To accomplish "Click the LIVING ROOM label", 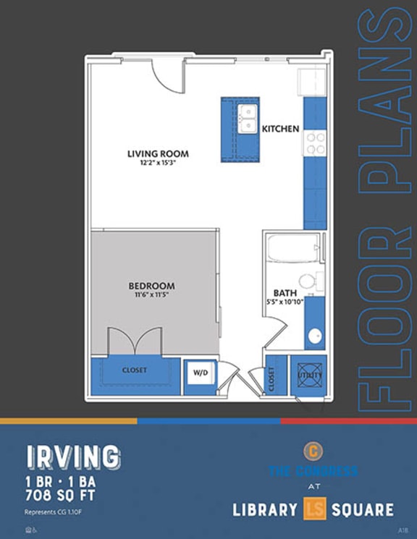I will click(158, 153).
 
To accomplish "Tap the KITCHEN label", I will click(280, 129).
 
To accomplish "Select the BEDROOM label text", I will click(151, 286).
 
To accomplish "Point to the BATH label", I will click(274, 293).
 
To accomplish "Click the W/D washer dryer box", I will click(199, 373).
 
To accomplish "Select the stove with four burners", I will click(315, 143).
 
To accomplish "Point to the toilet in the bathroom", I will click(308, 281).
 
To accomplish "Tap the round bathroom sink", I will click(315, 336).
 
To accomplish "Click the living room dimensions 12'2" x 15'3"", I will click(158, 164).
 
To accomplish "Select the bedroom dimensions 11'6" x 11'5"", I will click(151, 295).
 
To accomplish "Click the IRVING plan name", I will click(73, 457).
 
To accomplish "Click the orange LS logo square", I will click(314, 510).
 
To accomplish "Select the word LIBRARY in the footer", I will click(265, 510).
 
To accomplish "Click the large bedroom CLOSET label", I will click(135, 370).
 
